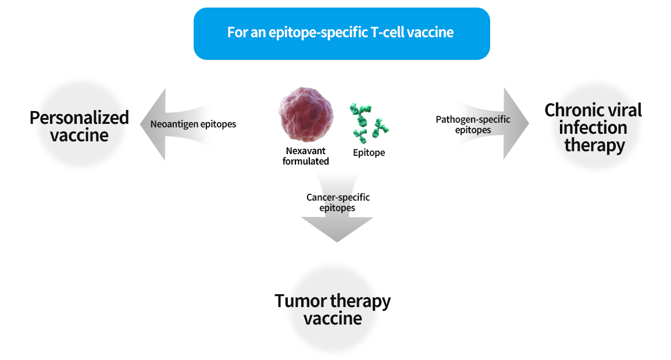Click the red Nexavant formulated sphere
click(x=305, y=115)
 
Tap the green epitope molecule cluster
click(x=369, y=123)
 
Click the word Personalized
click(x=79, y=117)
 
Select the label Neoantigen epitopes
click(x=193, y=124)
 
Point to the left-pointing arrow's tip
click(x=141, y=124)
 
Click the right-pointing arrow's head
click(x=516, y=123)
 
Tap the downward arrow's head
click(x=337, y=229)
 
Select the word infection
click(x=593, y=127)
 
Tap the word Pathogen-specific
click(x=473, y=119)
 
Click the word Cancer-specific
click(x=338, y=197)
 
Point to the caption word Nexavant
click(x=305, y=151)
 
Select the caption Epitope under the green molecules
click(x=369, y=153)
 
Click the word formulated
click(x=305, y=161)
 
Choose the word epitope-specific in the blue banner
click(x=319, y=33)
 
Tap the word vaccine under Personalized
click(x=79, y=136)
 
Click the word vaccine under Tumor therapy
click(x=333, y=319)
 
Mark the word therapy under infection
click(x=594, y=145)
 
